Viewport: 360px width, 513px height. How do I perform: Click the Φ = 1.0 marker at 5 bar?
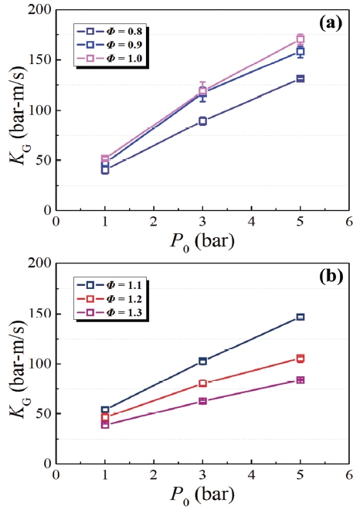click(301, 39)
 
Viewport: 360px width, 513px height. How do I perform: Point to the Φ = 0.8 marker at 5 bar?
click(301, 79)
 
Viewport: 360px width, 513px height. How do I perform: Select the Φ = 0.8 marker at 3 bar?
click(202, 121)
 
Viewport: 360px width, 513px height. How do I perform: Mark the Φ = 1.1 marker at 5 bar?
click(301, 317)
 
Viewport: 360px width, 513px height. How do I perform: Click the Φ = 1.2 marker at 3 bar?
click(202, 383)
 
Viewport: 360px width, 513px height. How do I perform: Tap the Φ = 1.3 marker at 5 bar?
click(301, 380)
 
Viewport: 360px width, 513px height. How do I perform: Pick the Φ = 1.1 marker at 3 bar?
click(202, 361)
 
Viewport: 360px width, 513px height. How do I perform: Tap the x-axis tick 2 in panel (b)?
click(153, 476)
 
